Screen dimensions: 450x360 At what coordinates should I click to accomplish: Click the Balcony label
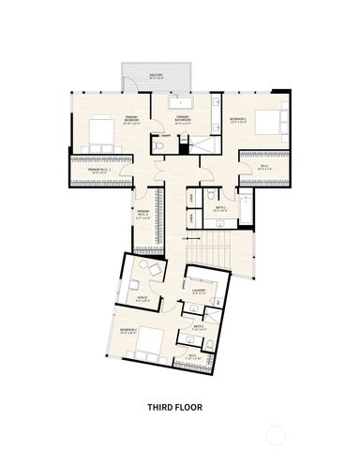pos(156,75)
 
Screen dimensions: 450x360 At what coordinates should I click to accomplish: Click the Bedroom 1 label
pos(238,120)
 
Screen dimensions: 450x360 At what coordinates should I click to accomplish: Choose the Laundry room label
pos(199,291)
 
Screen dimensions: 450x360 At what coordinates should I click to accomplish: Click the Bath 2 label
pos(200,328)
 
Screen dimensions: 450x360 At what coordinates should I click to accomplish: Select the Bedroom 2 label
pos(129,332)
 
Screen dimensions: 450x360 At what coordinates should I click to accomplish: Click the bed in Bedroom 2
pos(147,349)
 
